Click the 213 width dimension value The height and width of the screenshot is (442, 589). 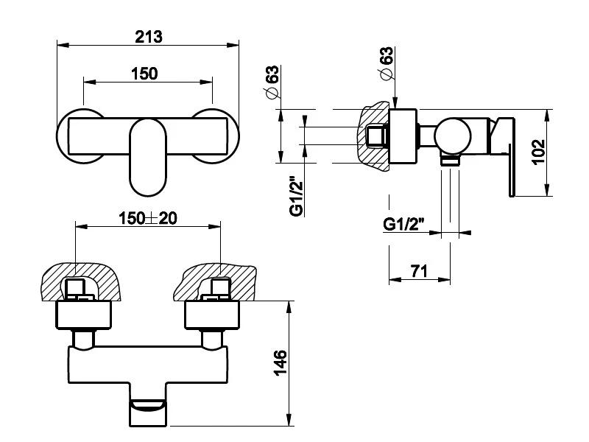click(149, 37)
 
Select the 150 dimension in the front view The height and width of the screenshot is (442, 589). click(144, 74)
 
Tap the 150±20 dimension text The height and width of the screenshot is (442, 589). click(148, 218)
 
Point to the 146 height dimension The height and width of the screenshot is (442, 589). click(280, 362)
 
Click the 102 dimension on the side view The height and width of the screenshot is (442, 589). click(538, 152)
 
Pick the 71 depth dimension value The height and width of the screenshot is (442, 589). click(419, 270)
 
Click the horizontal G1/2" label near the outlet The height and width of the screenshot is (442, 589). click(403, 225)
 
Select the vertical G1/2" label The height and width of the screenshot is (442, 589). click(297, 196)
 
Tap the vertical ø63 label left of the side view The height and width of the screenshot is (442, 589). click(272, 82)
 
